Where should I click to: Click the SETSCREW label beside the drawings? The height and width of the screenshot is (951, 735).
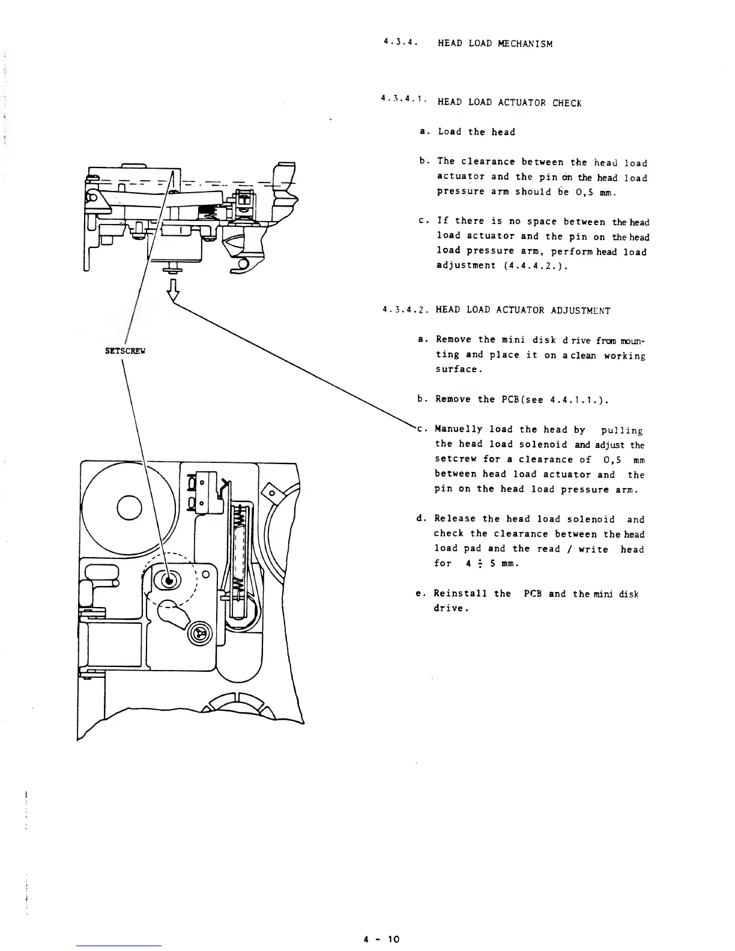126,351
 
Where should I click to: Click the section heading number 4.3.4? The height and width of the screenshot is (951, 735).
400,43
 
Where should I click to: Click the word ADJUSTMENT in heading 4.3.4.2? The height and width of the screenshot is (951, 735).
579,310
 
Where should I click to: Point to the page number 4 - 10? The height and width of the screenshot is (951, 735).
381,938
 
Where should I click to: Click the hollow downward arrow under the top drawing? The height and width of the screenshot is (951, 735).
172,289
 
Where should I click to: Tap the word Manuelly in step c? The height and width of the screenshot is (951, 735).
459,429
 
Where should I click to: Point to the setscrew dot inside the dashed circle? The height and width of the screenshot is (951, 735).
169,580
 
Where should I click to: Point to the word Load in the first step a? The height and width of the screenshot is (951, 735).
450,132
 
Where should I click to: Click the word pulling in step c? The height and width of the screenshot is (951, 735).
622,430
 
